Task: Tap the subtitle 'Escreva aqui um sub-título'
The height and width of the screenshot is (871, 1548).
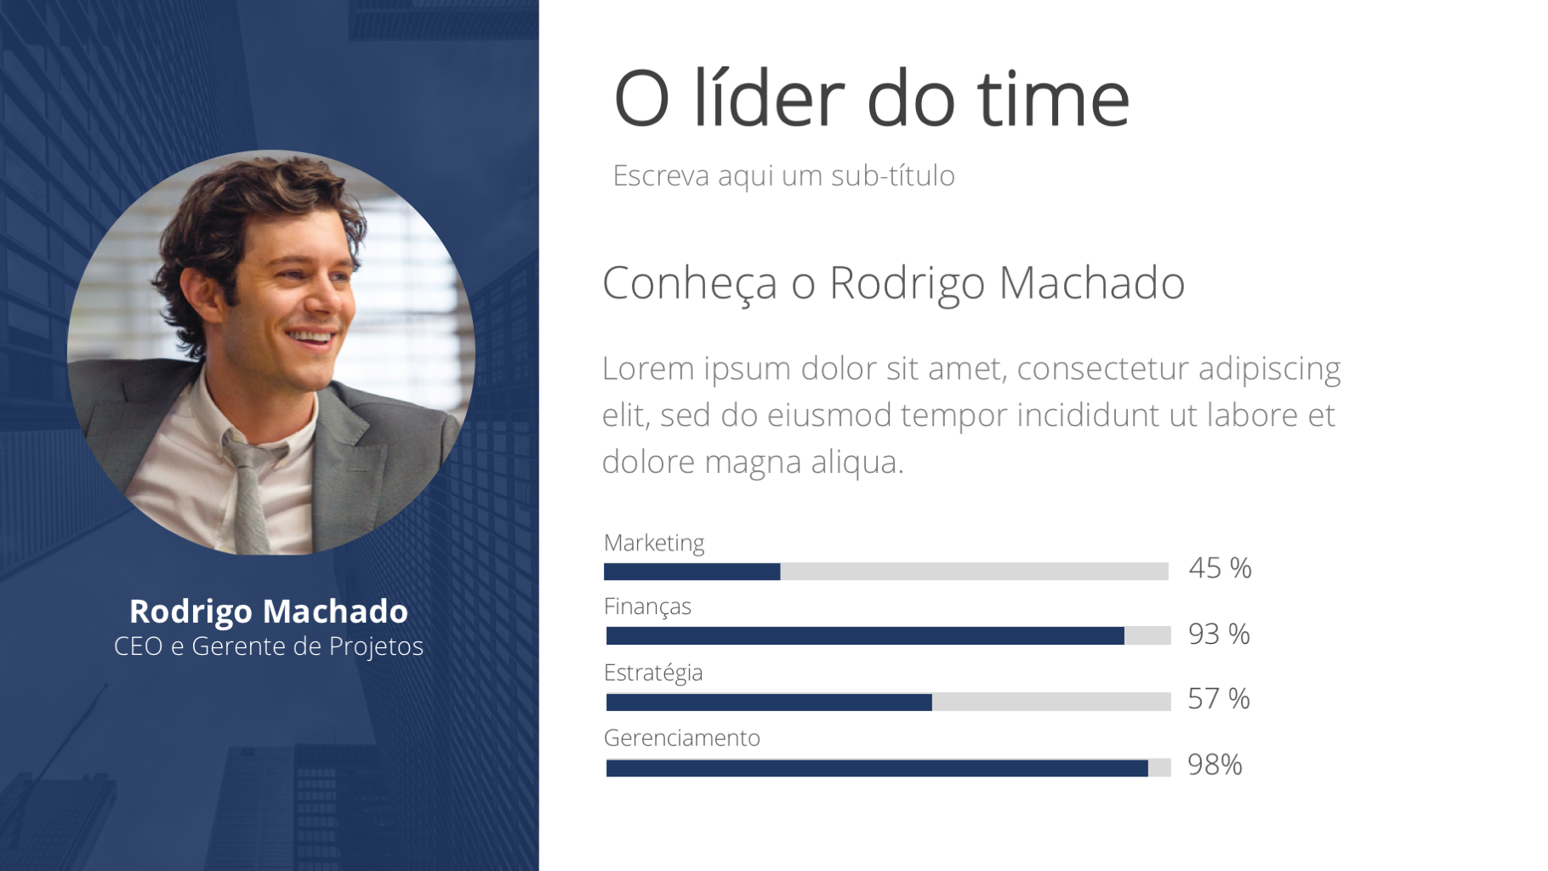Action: tap(783, 175)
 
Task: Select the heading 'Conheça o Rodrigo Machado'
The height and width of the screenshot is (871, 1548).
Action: tap(893, 283)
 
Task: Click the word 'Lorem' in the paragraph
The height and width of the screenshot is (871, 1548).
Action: tap(648, 368)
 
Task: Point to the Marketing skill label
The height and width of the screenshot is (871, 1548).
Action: tap(654, 543)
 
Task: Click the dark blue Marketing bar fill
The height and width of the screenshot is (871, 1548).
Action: tap(691, 572)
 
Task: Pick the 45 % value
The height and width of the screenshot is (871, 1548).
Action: tap(1220, 567)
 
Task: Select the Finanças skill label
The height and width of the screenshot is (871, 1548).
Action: tap(647, 606)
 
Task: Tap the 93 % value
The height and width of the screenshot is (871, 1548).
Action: tap(1219, 634)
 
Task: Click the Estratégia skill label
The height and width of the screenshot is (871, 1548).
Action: tap(653, 673)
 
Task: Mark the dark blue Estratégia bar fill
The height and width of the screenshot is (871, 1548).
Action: tap(769, 703)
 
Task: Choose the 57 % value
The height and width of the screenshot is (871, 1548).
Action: tap(1219, 698)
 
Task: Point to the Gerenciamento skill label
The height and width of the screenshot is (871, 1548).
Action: tap(682, 737)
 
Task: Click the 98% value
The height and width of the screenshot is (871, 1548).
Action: tap(1215, 765)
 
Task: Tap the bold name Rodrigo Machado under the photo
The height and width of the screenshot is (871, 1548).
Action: tap(269, 612)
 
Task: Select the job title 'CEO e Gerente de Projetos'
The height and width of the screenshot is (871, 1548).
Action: tap(269, 646)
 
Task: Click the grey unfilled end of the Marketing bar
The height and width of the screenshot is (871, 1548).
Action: tap(974, 572)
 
